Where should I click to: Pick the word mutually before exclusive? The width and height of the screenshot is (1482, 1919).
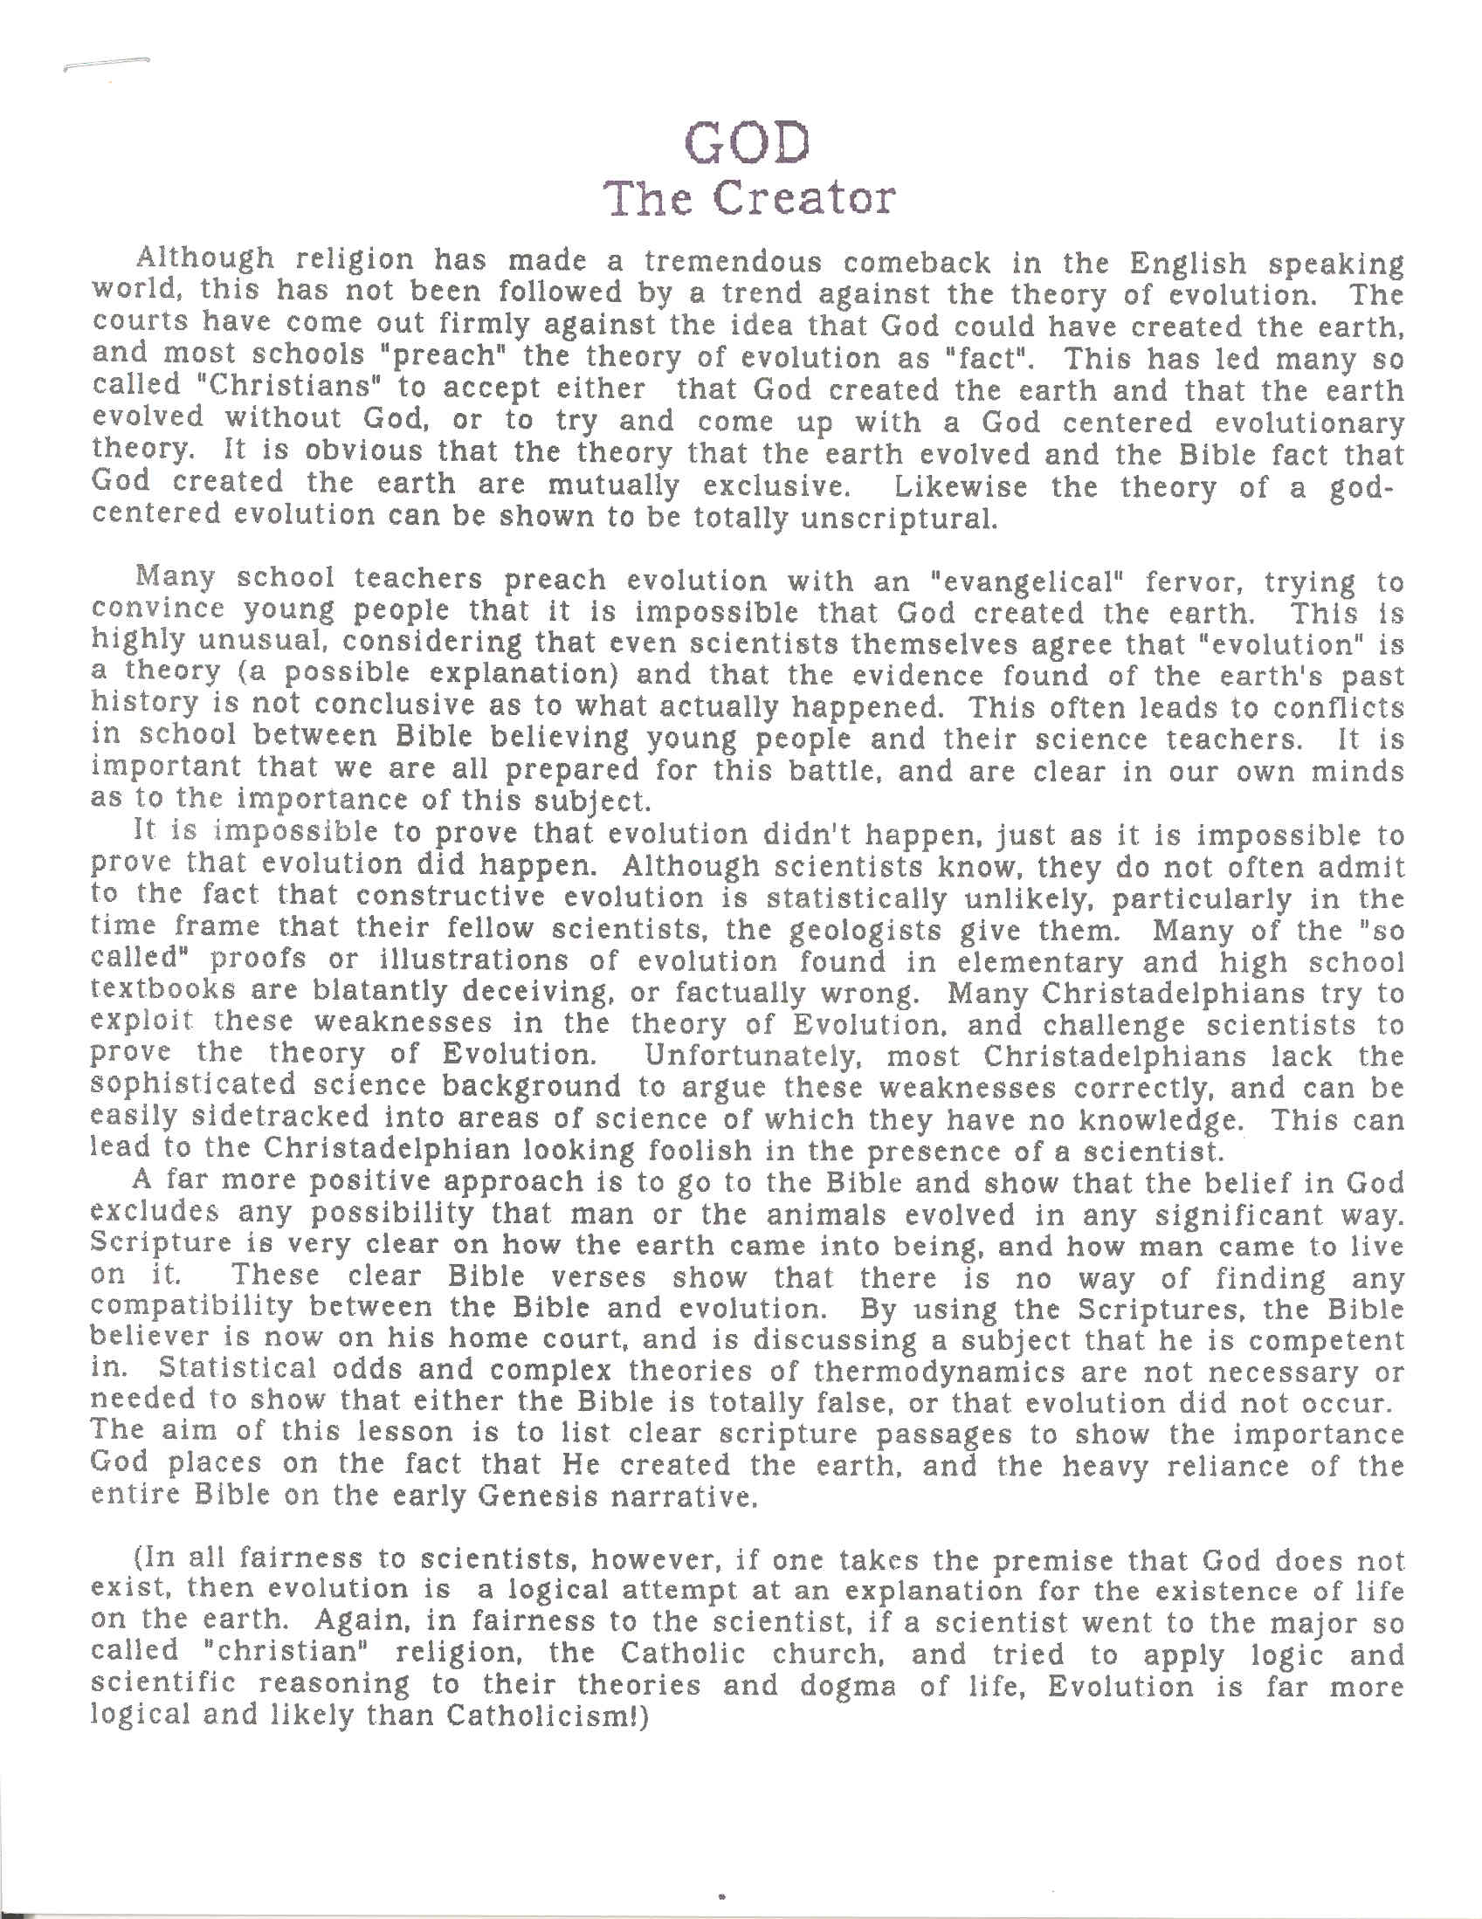click(x=614, y=486)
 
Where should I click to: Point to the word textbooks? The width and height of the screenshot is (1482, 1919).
click(x=162, y=991)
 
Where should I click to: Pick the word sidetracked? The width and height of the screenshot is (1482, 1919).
click(x=270, y=1118)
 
